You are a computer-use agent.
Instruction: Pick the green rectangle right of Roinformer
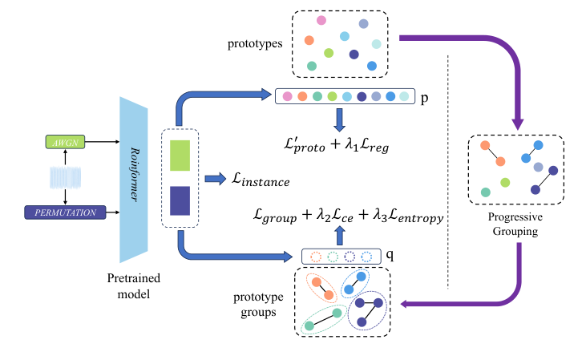click(x=180, y=155)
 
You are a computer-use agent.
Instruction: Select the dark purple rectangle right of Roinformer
click(x=180, y=200)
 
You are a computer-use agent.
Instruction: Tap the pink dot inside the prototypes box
click(x=321, y=20)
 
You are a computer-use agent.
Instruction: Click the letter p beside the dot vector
click(x=424, y=96)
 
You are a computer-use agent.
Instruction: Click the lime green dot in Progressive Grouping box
click(x=505, y=183)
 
